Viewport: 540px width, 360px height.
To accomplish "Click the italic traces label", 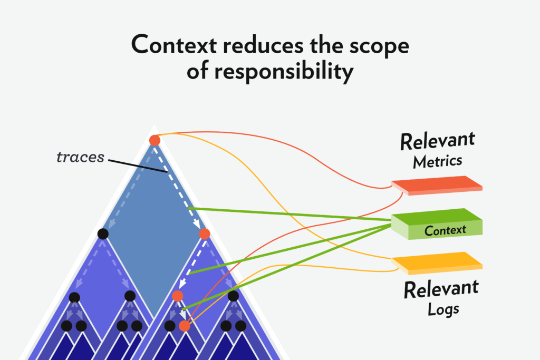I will [81, 157].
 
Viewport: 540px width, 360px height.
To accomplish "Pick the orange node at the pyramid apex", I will [155, 140].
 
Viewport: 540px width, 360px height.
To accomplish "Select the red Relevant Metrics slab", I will [437, 185].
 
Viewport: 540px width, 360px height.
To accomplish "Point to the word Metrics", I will [437, 161].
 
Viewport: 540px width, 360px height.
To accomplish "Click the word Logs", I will [443, 309].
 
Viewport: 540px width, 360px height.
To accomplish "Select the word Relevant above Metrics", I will [437, 141].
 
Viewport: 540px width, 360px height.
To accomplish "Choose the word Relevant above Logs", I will [441, 289].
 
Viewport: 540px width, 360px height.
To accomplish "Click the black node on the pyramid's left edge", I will [103, 233].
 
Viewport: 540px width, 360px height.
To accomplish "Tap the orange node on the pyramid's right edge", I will [205, 233].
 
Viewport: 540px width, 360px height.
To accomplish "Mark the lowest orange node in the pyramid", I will [184, 326].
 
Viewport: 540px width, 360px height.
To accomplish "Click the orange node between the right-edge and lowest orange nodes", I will [177, 296].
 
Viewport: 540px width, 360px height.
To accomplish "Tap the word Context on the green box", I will [445, 230].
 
